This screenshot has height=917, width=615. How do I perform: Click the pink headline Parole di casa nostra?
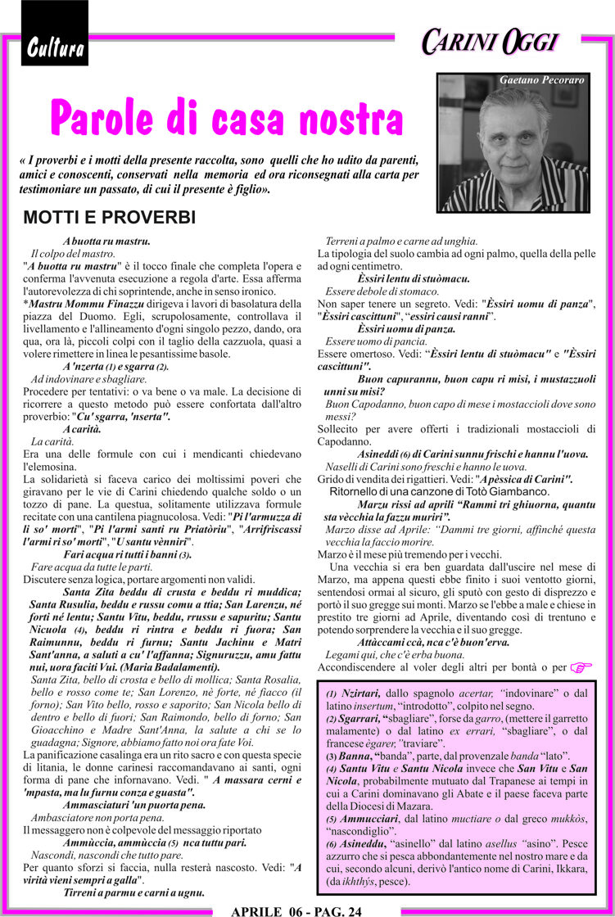215,117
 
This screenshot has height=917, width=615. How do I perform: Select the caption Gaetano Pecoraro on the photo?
541,80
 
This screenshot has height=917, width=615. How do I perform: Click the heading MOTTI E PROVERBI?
109,218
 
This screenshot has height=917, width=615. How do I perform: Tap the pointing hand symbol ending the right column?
581,667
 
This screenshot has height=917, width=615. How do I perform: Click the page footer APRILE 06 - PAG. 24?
296,910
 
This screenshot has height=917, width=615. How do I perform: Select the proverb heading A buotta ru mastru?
106,242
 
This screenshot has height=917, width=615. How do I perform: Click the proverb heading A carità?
82,429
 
